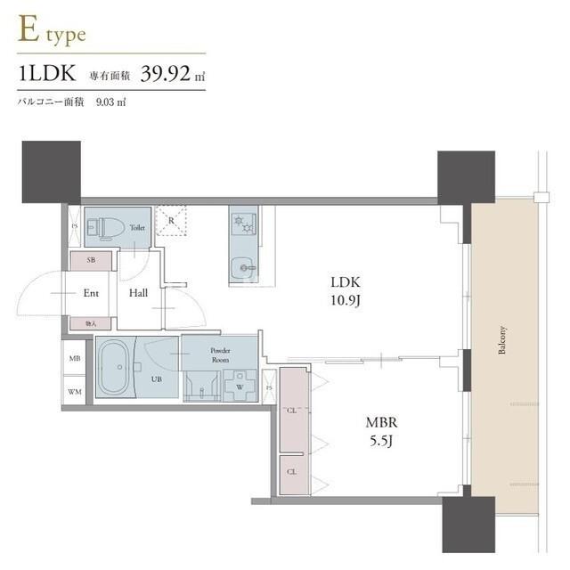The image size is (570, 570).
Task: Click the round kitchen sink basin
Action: pos(241,266)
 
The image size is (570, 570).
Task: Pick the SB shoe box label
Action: pos(91,260)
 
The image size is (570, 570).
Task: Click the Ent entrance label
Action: pos(91,292)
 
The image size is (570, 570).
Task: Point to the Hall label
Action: pos(138,292)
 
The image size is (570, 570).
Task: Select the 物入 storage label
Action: pos(91,324)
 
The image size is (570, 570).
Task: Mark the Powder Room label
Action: pos(220,355)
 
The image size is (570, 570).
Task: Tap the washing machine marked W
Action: pos(238,387)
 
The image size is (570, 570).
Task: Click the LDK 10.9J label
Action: pos(343,292)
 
